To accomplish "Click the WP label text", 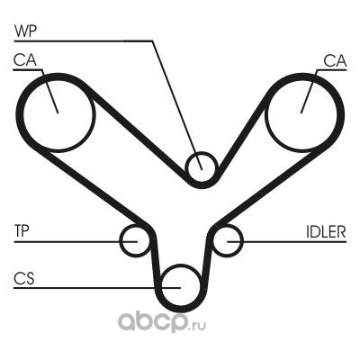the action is (x=25, y=31).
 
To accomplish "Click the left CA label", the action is (x=25, y=60).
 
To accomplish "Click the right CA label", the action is (x=335, y=61).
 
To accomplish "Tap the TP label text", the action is (x=22, y=231).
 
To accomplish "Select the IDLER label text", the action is (x=326, y=231).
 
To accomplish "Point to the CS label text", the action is (x=24, y=278).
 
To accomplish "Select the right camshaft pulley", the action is (x=265, y=114).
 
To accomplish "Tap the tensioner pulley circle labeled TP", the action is (x=121, y=240).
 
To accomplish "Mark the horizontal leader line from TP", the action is (x=76, y=241).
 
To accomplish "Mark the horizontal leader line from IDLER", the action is (x=287, y=241).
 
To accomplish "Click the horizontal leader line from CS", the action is (x=97, y=288).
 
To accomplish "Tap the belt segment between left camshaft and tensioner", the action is (x=92, y=186).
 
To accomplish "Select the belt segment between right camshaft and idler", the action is (x=270, y=186).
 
